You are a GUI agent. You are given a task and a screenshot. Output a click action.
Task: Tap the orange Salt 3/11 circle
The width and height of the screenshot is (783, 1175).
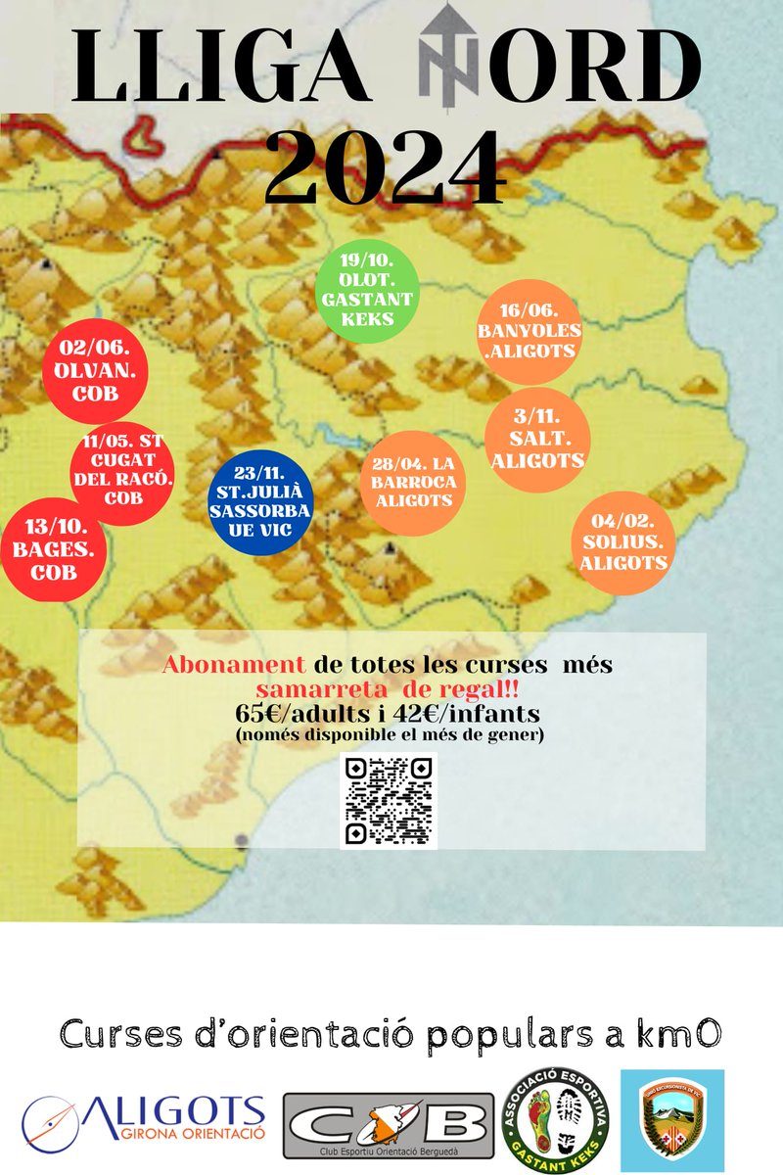534,441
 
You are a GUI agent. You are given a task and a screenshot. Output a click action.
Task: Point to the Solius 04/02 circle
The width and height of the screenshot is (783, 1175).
623,543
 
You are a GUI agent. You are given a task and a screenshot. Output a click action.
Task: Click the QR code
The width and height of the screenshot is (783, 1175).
388,800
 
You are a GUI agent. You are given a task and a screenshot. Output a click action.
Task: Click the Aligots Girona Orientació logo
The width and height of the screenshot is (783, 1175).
144,1120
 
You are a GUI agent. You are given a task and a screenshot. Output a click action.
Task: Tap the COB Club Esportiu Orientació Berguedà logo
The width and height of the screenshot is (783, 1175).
389,1125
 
